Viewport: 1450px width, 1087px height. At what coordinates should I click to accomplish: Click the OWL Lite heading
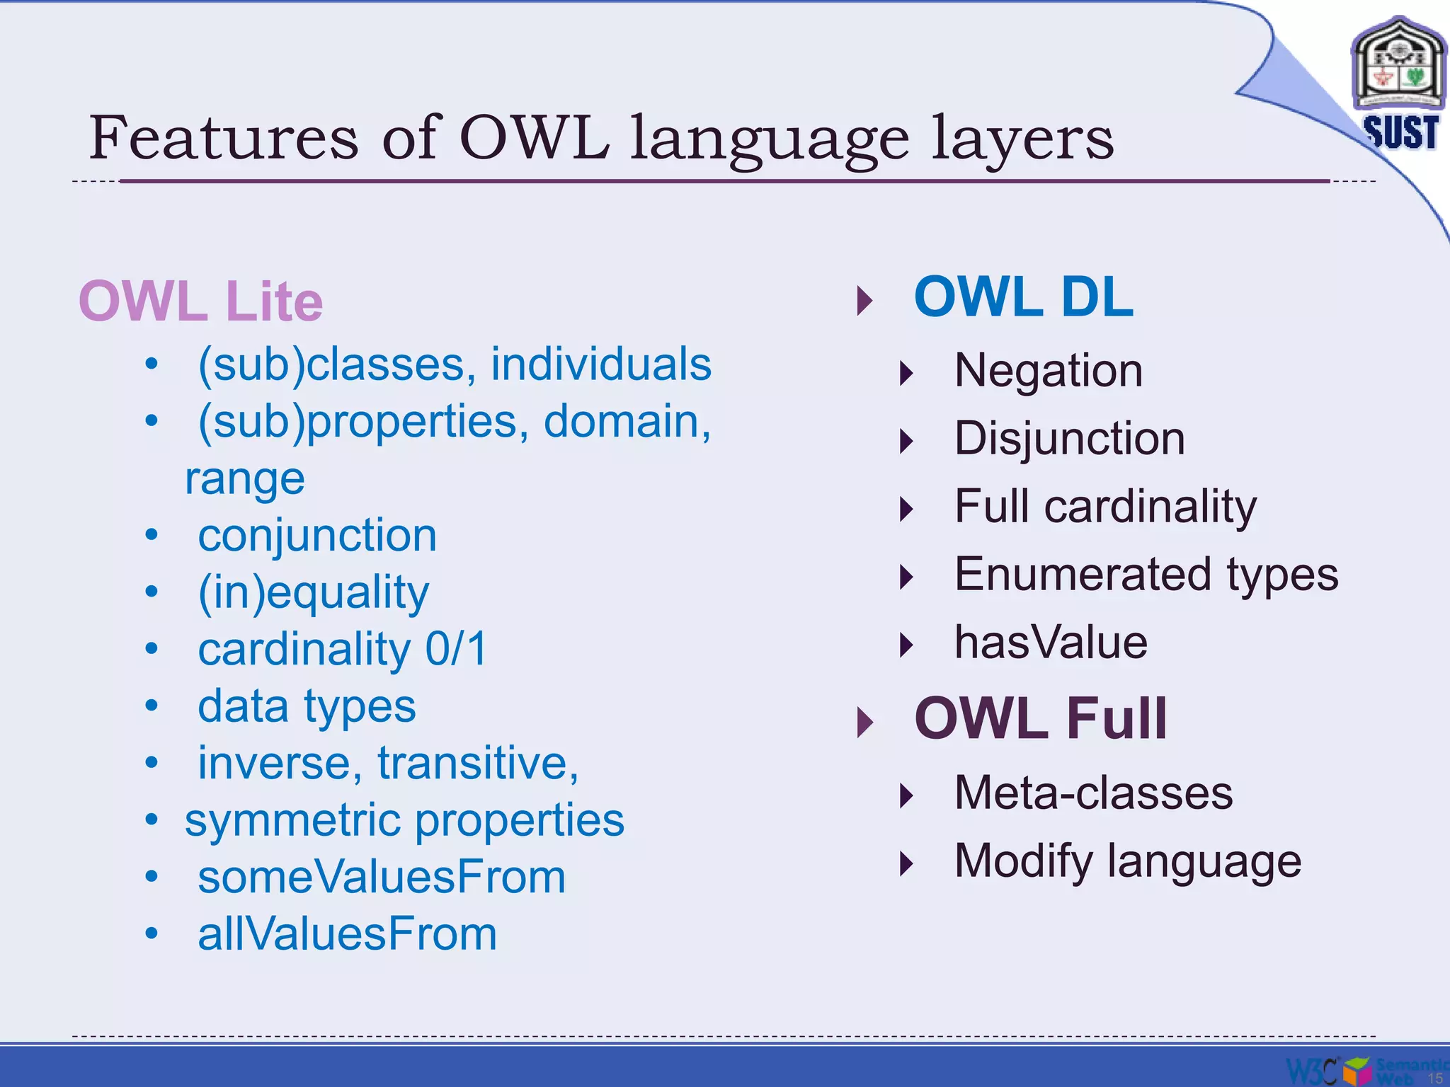coord(200,301)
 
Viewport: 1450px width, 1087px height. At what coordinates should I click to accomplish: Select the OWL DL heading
coord(1023,297)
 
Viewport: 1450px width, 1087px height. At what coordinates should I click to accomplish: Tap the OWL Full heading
coord(1040,718)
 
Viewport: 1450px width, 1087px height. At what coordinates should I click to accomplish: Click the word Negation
coord(1048,370)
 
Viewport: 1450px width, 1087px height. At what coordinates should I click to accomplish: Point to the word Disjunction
coord(1069,438)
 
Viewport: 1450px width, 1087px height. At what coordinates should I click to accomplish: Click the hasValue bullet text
coord(1051,642)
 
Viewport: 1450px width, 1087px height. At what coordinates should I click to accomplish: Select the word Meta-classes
coord(1093,793)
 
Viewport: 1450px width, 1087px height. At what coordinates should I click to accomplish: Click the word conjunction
coord(316,535)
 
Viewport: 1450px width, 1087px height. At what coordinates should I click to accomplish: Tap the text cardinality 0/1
coord(343,649)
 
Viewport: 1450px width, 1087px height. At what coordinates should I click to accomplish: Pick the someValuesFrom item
coord(382,877)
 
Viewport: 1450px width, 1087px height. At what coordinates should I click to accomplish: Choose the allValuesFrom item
coord(347,934)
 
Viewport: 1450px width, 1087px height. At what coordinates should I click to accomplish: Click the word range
coord(244,479)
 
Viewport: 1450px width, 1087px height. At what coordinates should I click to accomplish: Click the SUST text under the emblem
coord(1400,132)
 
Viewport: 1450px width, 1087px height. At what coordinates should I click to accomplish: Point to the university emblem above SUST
coord(1398,65)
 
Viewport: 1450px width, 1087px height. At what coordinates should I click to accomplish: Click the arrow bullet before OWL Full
coord(864,722)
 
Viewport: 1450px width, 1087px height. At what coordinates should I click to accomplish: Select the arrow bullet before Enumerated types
coord(906,577)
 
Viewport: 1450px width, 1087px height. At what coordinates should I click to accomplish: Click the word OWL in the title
coord(534,137)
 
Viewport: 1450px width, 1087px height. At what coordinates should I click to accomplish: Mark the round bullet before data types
coord(151,706)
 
